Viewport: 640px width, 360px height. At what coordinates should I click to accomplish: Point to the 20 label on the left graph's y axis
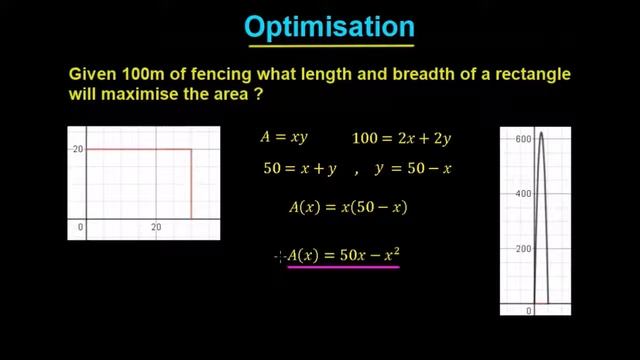pyautogui.click(x=77, y=150)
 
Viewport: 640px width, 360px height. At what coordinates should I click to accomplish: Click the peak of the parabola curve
pyautogui.click(x=541, y=133)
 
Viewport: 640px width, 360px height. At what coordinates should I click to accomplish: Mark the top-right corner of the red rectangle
pyautogui.click(x=191, y=150)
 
